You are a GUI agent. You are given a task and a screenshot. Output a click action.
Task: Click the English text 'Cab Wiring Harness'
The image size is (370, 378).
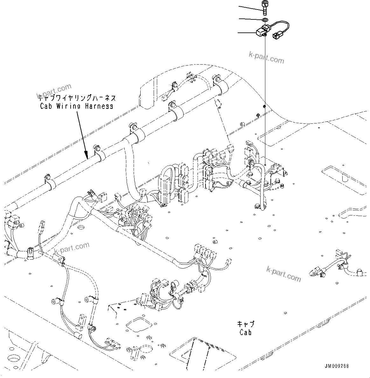(76, 106)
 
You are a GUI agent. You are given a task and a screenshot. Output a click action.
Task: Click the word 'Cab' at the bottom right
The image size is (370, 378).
(246, 332)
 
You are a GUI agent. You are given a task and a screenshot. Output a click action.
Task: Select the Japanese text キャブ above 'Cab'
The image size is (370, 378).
(246, 324)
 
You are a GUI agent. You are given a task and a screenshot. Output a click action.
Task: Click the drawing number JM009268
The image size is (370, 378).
(337, 366)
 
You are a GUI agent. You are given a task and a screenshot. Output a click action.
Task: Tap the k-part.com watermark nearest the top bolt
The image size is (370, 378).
(266, 57)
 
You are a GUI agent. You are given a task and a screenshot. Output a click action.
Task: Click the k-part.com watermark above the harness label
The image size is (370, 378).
(54, 91)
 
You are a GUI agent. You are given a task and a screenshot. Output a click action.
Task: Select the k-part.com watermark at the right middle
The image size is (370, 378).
(283, 275)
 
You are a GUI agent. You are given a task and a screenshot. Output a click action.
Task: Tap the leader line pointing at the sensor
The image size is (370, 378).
(247, 32)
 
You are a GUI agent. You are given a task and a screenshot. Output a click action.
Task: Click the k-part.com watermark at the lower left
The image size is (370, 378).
(72, 248)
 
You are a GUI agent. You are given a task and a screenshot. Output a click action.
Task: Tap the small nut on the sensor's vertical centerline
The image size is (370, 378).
(264, 106)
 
